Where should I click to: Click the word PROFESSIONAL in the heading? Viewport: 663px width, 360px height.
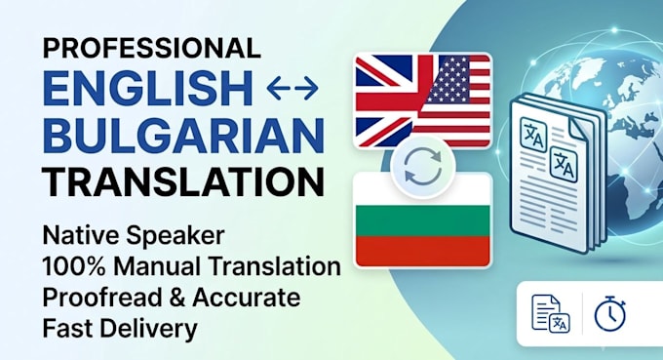click(151, 48)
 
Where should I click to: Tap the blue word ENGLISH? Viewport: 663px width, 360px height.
click(148, 89)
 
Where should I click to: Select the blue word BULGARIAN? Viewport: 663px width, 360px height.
click(183, 135)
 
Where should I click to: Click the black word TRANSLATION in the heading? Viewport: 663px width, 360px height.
click(183, 181)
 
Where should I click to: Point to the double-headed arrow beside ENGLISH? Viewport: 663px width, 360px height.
click(292, 89)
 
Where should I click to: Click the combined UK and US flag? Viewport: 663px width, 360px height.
click(423, 100)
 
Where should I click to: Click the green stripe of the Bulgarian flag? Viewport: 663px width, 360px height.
click(423, 220)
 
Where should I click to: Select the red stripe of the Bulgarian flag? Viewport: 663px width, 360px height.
click(423, 251)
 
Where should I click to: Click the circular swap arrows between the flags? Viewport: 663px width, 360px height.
click(423, 167)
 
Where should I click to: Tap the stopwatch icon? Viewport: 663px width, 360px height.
click(610, 314)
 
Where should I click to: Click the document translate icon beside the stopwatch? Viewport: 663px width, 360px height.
click(551, 313)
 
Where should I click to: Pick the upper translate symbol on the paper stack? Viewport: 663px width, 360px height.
click(533, 134)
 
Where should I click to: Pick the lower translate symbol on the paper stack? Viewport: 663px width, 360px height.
click(564, 164)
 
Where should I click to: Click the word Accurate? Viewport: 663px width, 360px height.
click(247, 298)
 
